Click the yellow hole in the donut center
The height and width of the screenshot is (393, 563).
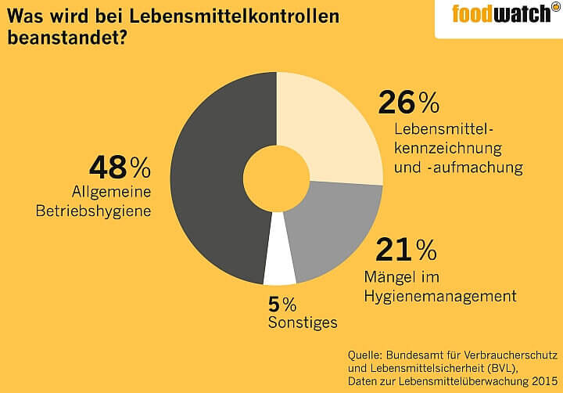pos(276,178)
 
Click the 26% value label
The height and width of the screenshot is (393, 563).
pos(408,103)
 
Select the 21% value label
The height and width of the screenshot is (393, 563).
pos(406,251)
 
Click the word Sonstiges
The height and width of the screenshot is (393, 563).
pos(303,323)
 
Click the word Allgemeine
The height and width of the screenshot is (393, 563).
pos(111,192)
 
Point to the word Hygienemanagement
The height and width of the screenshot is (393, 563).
pos(440,295)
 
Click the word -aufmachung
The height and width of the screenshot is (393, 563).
pos(474,166)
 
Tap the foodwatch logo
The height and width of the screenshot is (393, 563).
pos(501,14)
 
